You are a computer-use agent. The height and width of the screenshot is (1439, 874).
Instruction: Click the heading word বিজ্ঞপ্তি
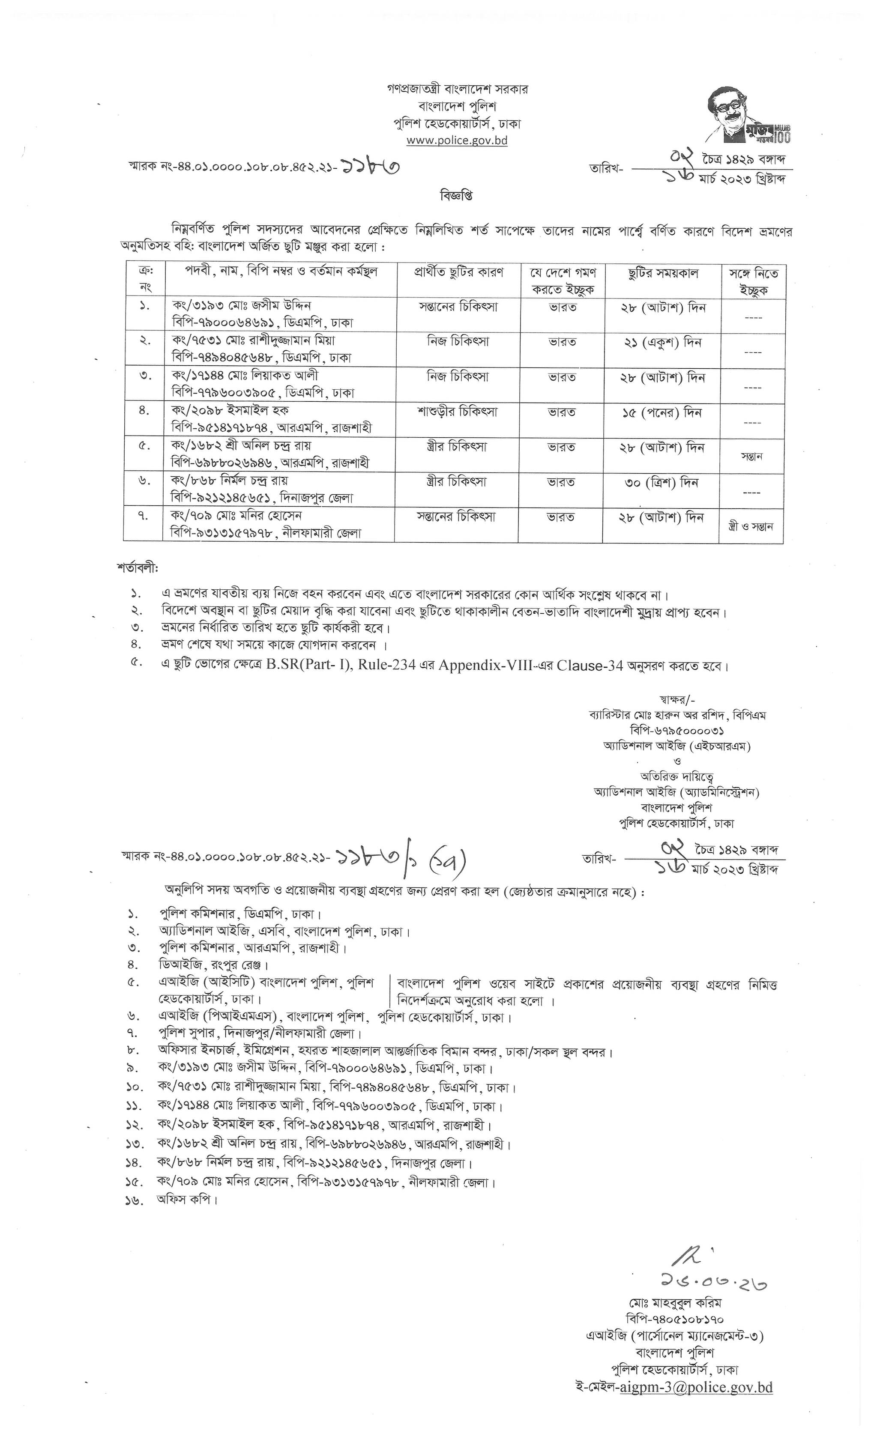(x=456, y=196)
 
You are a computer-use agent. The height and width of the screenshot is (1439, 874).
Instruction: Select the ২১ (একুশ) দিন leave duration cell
(x=662, y=342)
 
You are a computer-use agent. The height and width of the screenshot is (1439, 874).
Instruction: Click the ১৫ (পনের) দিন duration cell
(x=662, y=412)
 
